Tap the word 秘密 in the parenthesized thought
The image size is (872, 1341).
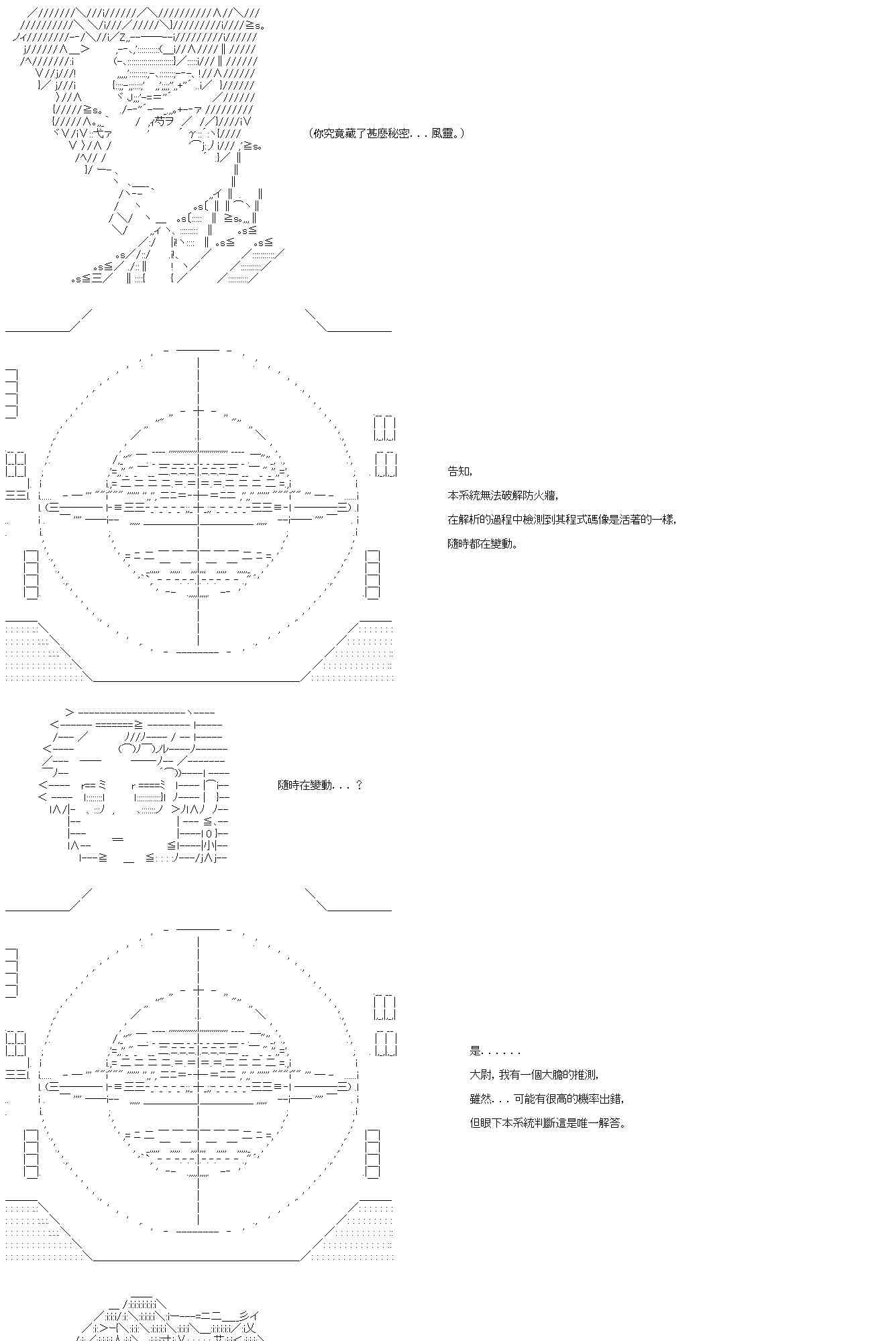click(398, 133)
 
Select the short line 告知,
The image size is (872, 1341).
click(459, 471)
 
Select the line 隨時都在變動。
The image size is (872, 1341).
click(482, 544)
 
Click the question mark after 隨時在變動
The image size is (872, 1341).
click(360, 784)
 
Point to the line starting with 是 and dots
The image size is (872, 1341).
click(495, 1051)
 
